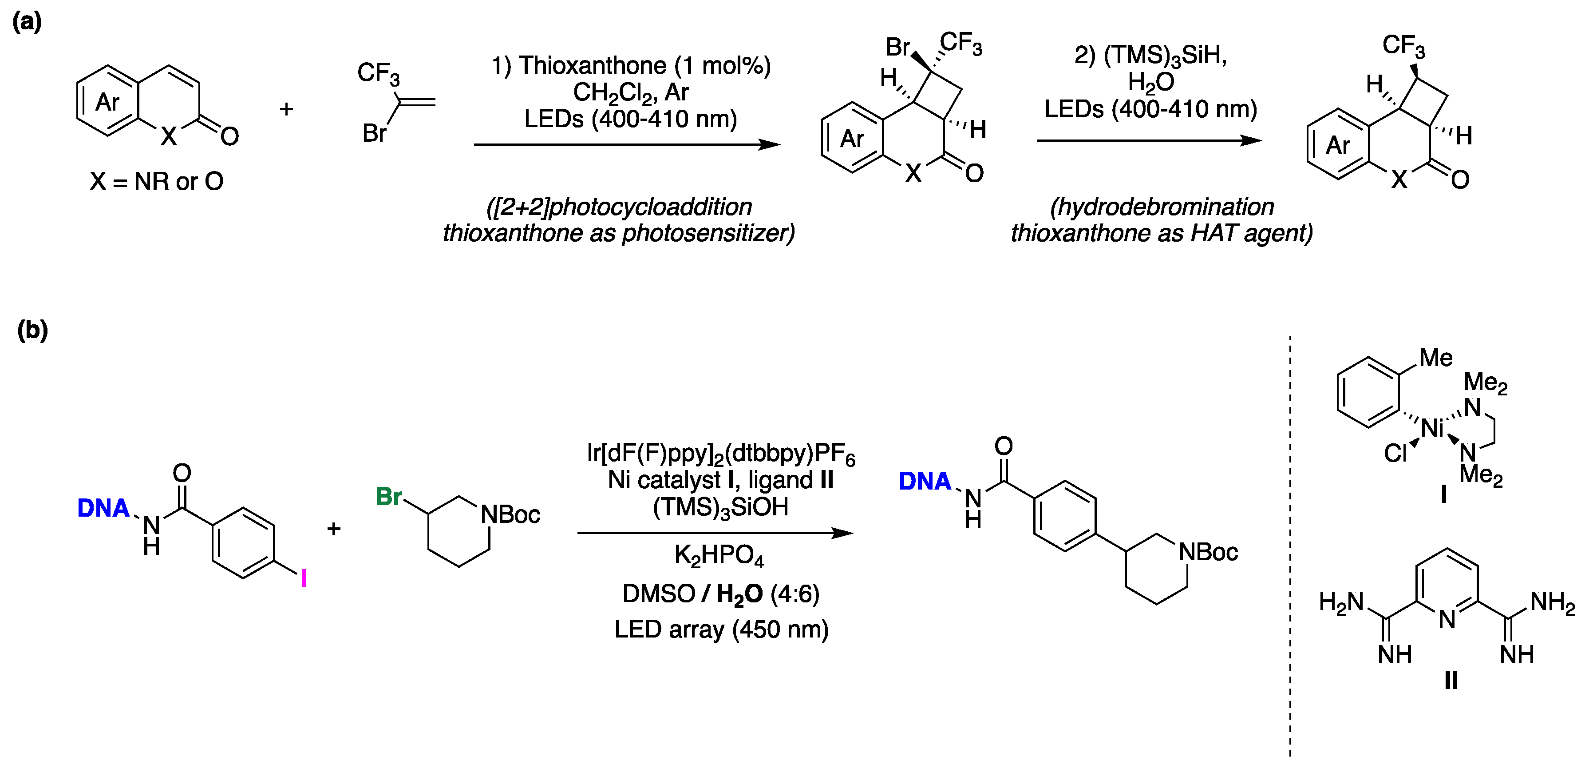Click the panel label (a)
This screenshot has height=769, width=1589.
(27, 22)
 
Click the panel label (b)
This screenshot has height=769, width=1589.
(32, 330)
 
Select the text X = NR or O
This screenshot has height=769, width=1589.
(156, 181)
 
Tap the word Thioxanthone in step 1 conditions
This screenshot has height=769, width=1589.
(592, 65)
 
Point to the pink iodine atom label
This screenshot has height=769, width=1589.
(304, 579)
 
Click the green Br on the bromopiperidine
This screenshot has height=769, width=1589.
(389, 497)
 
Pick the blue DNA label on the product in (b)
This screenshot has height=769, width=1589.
(925, 482)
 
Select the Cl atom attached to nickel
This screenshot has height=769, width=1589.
(1395, 454)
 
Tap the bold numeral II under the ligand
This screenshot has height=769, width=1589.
(1451, 681)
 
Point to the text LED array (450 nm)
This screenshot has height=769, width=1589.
(721, 630)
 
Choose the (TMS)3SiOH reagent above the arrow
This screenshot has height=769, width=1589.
(720, 507)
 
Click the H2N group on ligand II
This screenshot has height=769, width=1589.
(1341, 602)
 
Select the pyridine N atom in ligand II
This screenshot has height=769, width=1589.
(1447, 618)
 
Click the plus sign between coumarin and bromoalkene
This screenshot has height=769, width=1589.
(286, 109)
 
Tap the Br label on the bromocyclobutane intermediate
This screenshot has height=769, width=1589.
(897, 47)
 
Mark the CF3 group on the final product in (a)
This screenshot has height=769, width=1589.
(1403, 45)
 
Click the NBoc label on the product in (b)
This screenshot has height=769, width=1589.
(1208, 552)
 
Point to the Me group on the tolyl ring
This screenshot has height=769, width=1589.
(1435, 358)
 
